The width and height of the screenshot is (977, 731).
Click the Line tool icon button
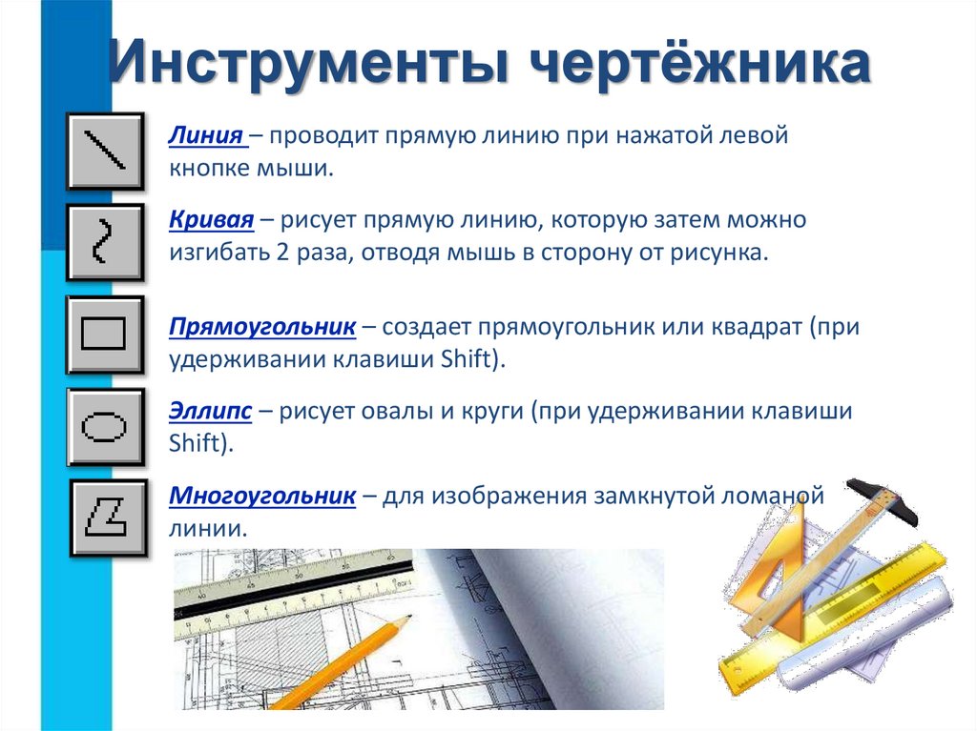tap(105, 151)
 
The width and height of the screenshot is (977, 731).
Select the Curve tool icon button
tap(105, 242)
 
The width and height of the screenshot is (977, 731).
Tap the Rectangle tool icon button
tap(105, 335)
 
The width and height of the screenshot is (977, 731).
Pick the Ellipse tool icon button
tap(105, 426)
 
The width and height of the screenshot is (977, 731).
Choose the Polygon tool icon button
tap(108, 518)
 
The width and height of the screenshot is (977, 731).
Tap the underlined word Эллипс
tap(210, 411)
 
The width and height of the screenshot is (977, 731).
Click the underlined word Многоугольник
tap(262, 495)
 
